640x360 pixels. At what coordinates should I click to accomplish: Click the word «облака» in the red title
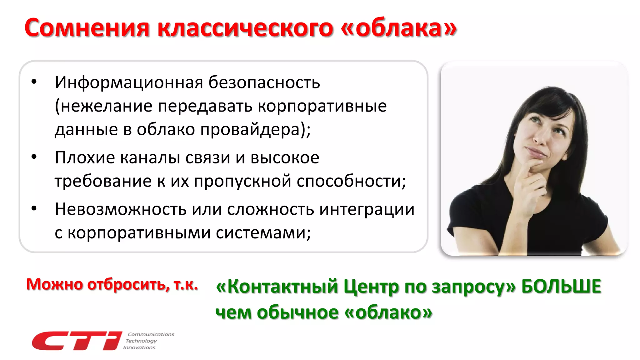(399, 28)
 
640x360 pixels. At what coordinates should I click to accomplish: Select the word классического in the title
(245, 28)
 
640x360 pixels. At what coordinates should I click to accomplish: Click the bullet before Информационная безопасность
(34, 82)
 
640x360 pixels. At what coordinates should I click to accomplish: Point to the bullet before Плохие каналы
(34, 157)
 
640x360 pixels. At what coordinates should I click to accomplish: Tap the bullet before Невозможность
(34, 208)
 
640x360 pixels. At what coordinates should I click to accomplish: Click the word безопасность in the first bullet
(264, 82)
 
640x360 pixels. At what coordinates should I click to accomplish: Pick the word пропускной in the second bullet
(242, 181)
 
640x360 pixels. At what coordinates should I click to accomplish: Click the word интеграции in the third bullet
(367, 209)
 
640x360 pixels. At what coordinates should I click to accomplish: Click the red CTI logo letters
(77, 341)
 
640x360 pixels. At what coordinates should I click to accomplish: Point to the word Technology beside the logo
(141, 341)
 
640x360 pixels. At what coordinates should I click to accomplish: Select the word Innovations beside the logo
(139, 347)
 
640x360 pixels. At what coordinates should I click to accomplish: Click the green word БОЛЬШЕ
(561, 286)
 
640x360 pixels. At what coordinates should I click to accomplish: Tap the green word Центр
(372, 287)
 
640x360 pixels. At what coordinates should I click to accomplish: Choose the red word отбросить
(128, 284)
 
